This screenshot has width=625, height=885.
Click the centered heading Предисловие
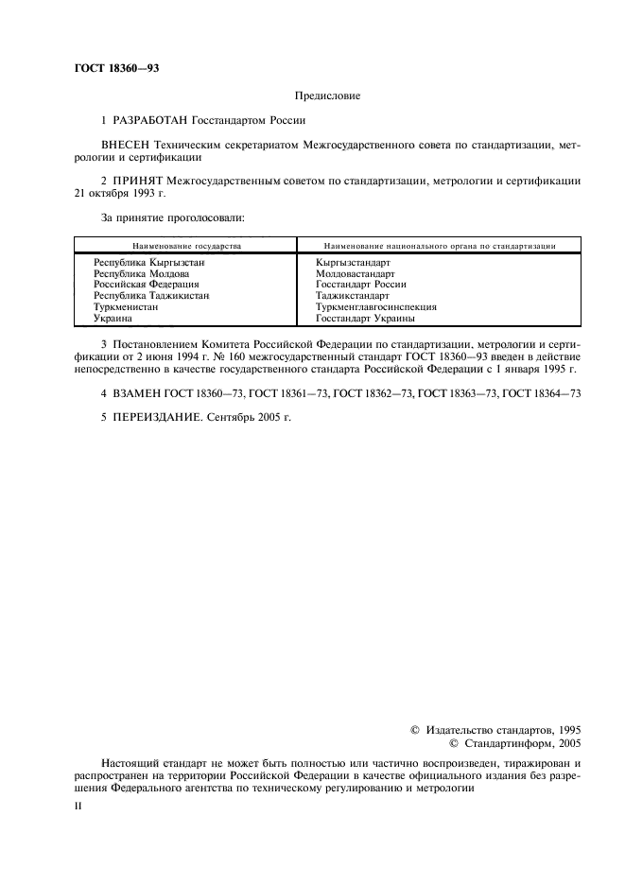pyautogui.click(x=327, y=95)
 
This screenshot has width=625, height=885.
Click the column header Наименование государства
pyautogui.click(x=186, y=246)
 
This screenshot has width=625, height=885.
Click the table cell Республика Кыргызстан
pyautogui.click(x=148, y=261)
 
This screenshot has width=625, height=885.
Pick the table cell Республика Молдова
pyautogui.click(x=142, y=272)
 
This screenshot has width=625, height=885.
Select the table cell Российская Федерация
pyautogui.click(x=147, y=284)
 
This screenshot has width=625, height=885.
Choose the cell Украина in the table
pyautogui.click(x=113, y=319)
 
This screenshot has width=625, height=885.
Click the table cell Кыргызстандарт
pyautogui.click(x=354, y=261)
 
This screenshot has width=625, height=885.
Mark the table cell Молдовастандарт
pyautogui.click(x=356, y=272)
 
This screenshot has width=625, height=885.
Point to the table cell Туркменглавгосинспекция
pyautogui.click(x=376, y=307)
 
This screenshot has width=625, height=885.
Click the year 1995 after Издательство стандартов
pyautogui.click(x=565, y=730)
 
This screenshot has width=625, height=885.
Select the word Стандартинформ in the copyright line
pyautogui.click(x=497, y=744)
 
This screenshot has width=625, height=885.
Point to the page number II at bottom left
pyautogui.click(x=79, y=806)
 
